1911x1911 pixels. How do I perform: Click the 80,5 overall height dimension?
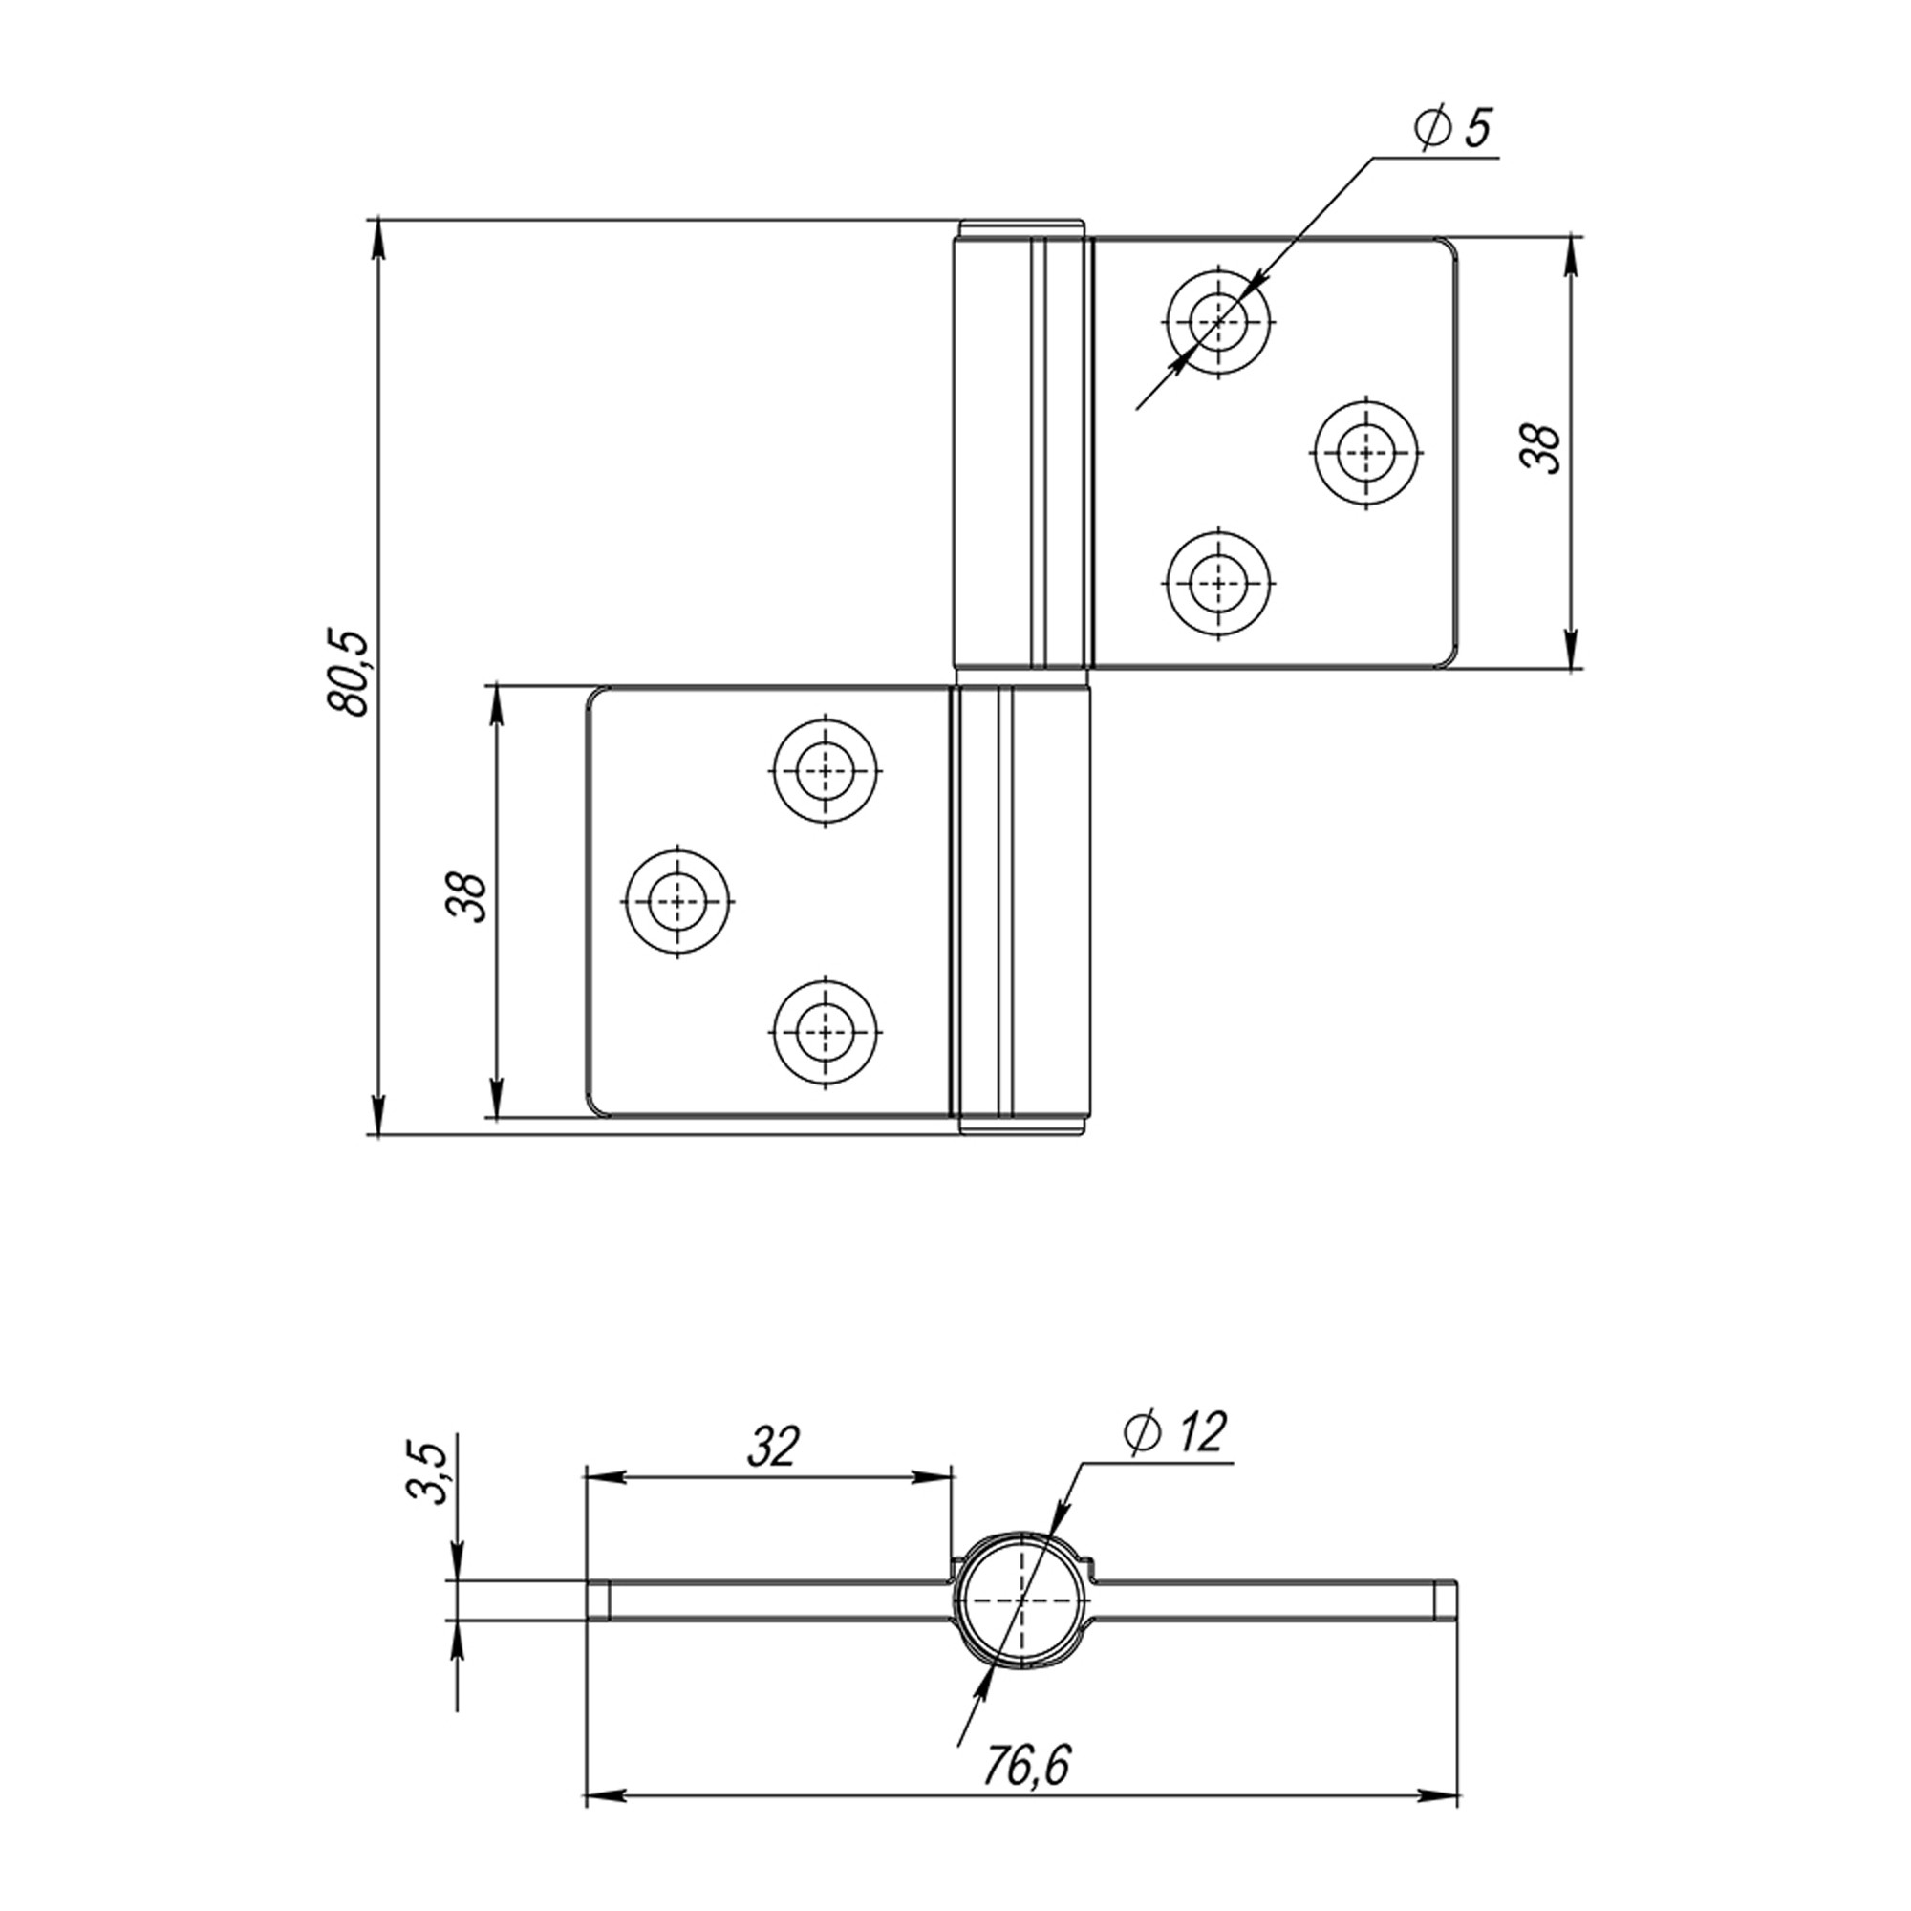tap(348, 673)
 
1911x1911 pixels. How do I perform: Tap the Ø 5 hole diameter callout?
tap(1452, 129)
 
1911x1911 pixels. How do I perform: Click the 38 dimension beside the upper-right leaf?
tap(1540, 449)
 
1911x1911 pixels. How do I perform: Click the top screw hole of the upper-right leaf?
tap(1217, 321)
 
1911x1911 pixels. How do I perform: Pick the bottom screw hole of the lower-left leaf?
tap(825, 1032)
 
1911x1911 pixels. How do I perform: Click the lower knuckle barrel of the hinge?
tap(1020, 907)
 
